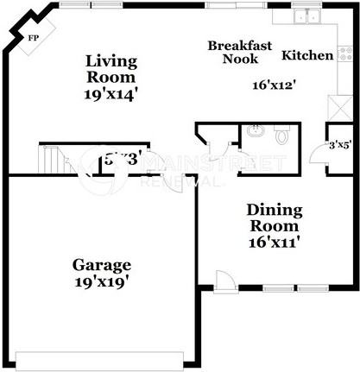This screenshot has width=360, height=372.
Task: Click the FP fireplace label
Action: pyautogui.click(x=34, y=39)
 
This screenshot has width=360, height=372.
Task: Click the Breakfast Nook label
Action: pyautogui.click(x=240, y=52)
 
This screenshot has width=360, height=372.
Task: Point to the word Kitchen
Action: pyautogui.click(x=308, y=55)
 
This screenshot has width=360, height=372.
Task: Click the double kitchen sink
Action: pyautogui.click(x=306, y=16)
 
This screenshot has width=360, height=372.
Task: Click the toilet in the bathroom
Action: pyautogui.click(x=281, y=136)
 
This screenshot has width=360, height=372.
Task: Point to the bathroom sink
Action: pyautogui.click(x=254, y=131)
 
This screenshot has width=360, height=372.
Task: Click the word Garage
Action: pyautogui.click(x=101, y=265)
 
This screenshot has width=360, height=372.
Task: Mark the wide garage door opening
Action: pyautogui.click(x=101, y=356)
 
